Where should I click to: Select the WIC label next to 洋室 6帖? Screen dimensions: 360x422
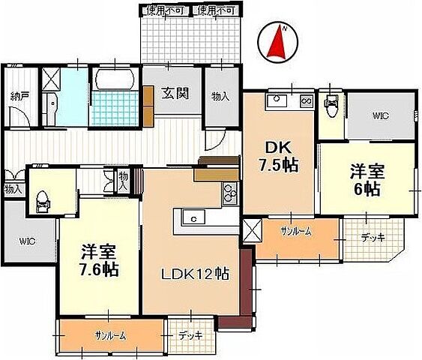tap(380, 115)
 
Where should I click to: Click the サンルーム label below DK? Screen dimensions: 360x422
tap(297, 231)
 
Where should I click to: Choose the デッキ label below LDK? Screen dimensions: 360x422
tap(191, 335)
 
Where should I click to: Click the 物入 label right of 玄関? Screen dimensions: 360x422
tap(220, 96)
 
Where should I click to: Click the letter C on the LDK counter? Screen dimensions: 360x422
tap(193, 219)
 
